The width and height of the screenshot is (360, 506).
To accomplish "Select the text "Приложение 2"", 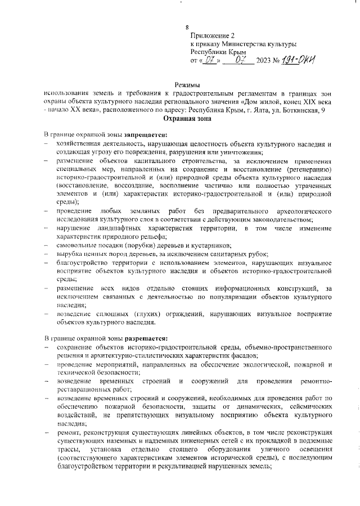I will pyautogui.click(x=211, y=35).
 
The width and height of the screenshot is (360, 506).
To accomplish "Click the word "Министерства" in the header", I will pyautogui.click(x=245, y=43).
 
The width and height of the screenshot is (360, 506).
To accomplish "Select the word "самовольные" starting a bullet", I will pyautogui.click(x=78, y=246).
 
